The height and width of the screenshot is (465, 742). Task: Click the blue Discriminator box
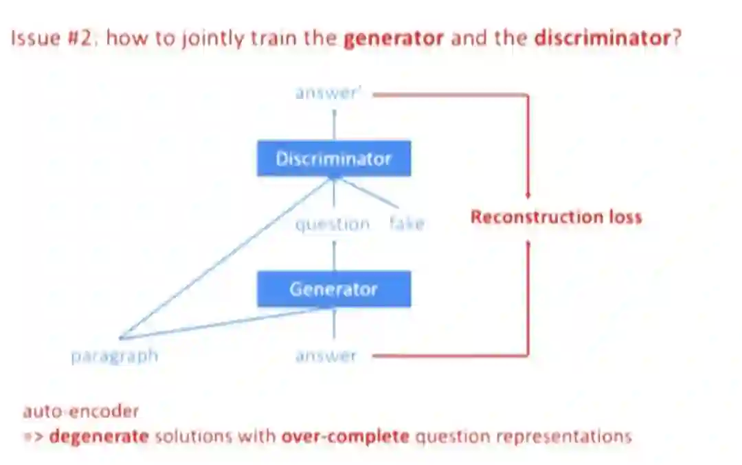334,159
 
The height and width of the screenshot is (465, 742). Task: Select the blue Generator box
334,288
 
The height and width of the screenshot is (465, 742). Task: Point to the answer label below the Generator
326,356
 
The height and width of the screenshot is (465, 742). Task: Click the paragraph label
115,356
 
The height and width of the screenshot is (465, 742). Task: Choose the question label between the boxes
333,224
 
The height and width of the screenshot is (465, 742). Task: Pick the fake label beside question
407,224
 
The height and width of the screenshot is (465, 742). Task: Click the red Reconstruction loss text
556,218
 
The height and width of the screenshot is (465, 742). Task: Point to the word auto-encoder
80,411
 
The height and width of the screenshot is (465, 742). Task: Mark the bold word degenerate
99,436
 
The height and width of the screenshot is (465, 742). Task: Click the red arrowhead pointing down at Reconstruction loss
528,196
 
